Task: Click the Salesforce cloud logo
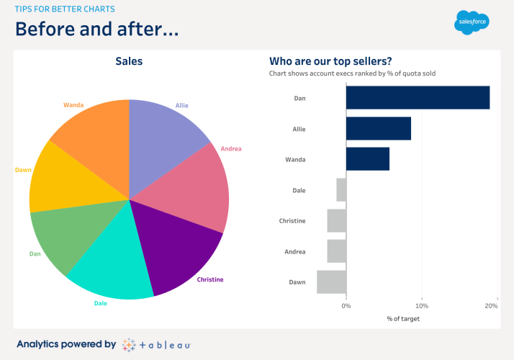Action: pyautogui.click(x=472, y=22)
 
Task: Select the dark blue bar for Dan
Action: pyautogui.click(x=418, y=98)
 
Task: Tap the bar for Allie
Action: pyautogui.click(x=379, y=129)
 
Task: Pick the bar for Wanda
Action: pyautogui.click(x=368, y=159)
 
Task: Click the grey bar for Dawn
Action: pyautogui.click(x=332, y=282)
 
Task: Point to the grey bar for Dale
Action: pyautogui.click(x=341, y=190)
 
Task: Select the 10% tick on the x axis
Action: pyautogui.click(x=422, y=306)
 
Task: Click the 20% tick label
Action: pyautogui.click(x=492, y=306)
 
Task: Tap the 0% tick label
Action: pyautogui.click(x=346, y=306)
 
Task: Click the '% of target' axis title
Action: pyautogui.click(x=402, y=319)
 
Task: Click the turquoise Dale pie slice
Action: pyautogui.click(x=112, y=266)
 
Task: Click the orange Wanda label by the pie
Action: pyautogui.click(x=73, y=105)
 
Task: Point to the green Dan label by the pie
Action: pyautogui.click(x=35, y=253)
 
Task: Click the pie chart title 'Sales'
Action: pyautogui.click(x=129, y=61)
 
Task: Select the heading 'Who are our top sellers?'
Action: pyautogui.click(x=335, y=61)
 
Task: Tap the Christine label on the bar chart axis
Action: pyautogui.click(x=292, y=221)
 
